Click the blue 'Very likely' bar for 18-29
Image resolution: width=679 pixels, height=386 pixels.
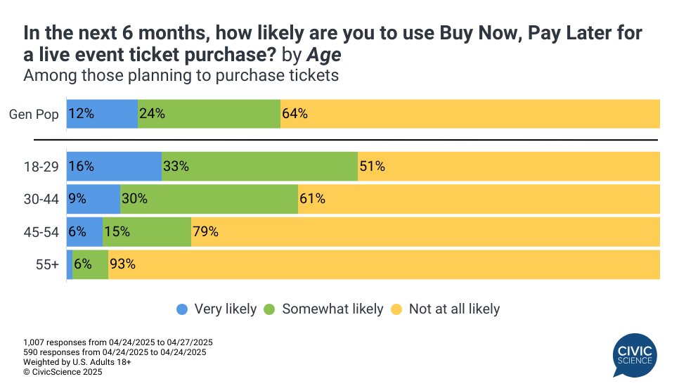pyautogui.click(x=114, y=167)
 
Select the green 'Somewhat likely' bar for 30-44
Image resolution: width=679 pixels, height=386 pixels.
pyautogui.click(x=209, y=199)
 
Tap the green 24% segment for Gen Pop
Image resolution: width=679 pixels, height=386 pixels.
pyautogui.click(x=209, y=113)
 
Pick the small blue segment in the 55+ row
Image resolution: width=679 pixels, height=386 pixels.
pyautogui.click(x=70, y=264)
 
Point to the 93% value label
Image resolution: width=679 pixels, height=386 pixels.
pyautogui.click(x=122, y=264)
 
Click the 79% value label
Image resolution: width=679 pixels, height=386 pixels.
pyautogui.click(x=207, y=231)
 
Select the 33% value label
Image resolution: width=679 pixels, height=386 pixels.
pyautogui.click(x=176, y=167)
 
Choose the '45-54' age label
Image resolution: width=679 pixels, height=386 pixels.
pyautogui.click(x=41, y=231)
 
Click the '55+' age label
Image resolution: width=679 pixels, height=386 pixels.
pyautogui.click(x=48, y=264)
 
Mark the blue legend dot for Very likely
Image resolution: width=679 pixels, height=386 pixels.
pyautogui.click(x=182, y=309)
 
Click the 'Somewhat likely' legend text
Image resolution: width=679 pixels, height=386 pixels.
pyautogui.click(x=332, y=309)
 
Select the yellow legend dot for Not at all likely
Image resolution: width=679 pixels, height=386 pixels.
pyautogui.click(x=396, y=309)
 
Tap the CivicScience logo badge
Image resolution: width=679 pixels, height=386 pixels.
pyautogui.click(x=633, y=355)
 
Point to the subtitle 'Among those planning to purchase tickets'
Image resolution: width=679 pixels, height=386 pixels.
pyautogui.click(x=181, y=75)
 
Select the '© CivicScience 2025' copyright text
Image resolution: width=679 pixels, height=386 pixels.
pyautogui.click(x=63, y=372)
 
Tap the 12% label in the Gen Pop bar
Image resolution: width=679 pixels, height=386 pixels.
pyautogui.click(x=82, y=113)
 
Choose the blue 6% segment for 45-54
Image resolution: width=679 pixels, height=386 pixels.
pyautogui.click(x=84, y=231)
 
